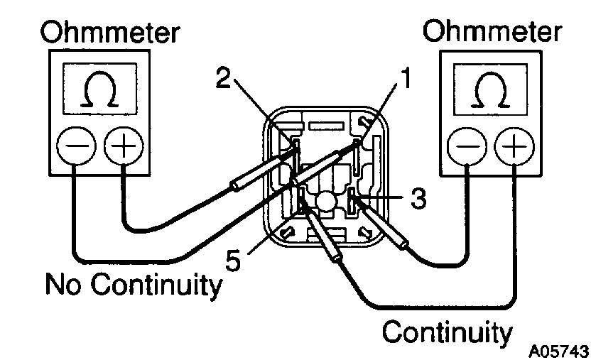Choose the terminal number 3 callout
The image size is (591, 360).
[419, 199]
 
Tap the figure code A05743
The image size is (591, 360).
[558, 351]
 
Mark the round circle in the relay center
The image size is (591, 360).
[325, 202]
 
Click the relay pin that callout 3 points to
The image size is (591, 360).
[352, 200]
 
